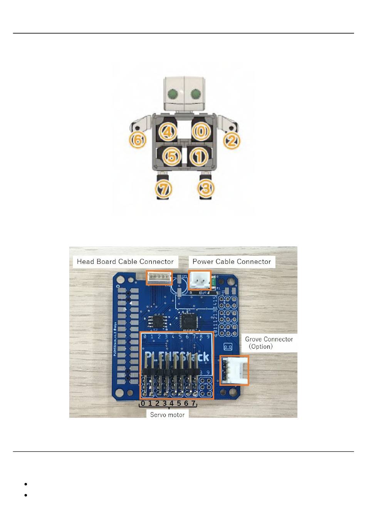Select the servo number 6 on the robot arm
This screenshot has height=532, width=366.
coord(138,140)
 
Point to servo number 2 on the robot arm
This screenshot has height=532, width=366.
coord(232,140)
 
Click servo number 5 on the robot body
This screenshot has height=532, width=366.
coord(172,156)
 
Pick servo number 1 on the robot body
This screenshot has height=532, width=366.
coord(199,157)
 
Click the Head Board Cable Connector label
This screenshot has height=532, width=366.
coord(125,262)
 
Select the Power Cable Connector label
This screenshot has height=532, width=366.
coord(232,262)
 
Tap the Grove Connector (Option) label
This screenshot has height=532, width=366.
coord(269,343)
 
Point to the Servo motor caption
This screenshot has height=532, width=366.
coord(167,415)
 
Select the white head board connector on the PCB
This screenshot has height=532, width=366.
coord(159,277)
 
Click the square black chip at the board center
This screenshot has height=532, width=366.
coord(189,321)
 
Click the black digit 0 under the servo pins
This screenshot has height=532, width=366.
coord(143,404)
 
